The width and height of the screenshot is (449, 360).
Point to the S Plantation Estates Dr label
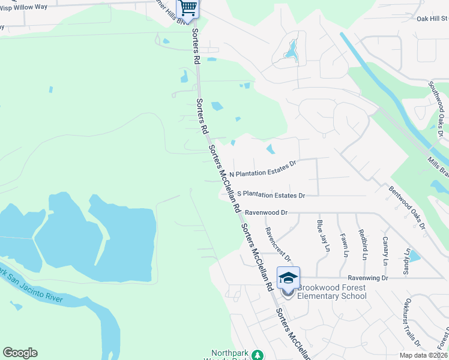pos(271,195)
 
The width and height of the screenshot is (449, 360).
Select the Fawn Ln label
pos(343,245)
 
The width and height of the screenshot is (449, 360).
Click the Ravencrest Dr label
pos(278,244)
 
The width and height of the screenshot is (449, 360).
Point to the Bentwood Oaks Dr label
pos(407,208)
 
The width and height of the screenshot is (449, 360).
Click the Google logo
pos(20,353)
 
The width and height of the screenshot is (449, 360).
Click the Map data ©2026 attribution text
pos(423,355)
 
